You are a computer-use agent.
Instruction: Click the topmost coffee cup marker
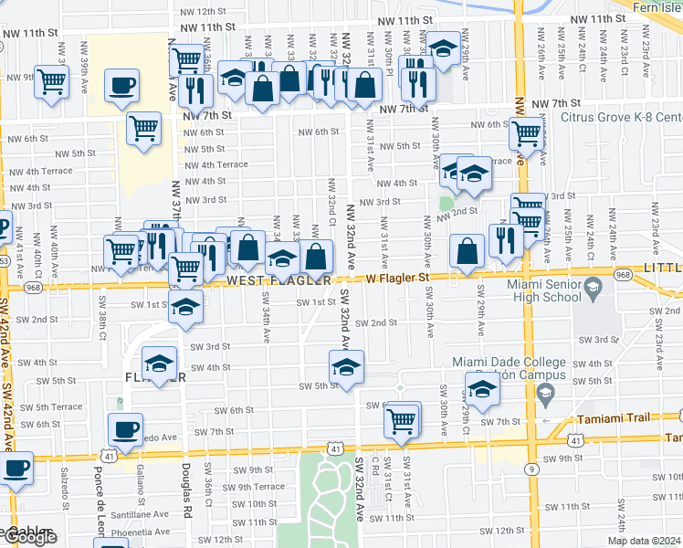pyautogui.click(x=122, y=87)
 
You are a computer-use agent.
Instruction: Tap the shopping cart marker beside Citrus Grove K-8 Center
pyautogui.click(x=527, y=132)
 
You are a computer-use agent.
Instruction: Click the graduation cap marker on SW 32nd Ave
pyautogui.click(x=346, y=367)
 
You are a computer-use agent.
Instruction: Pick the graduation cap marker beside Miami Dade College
pyautogui.click(x=482, y=388)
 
